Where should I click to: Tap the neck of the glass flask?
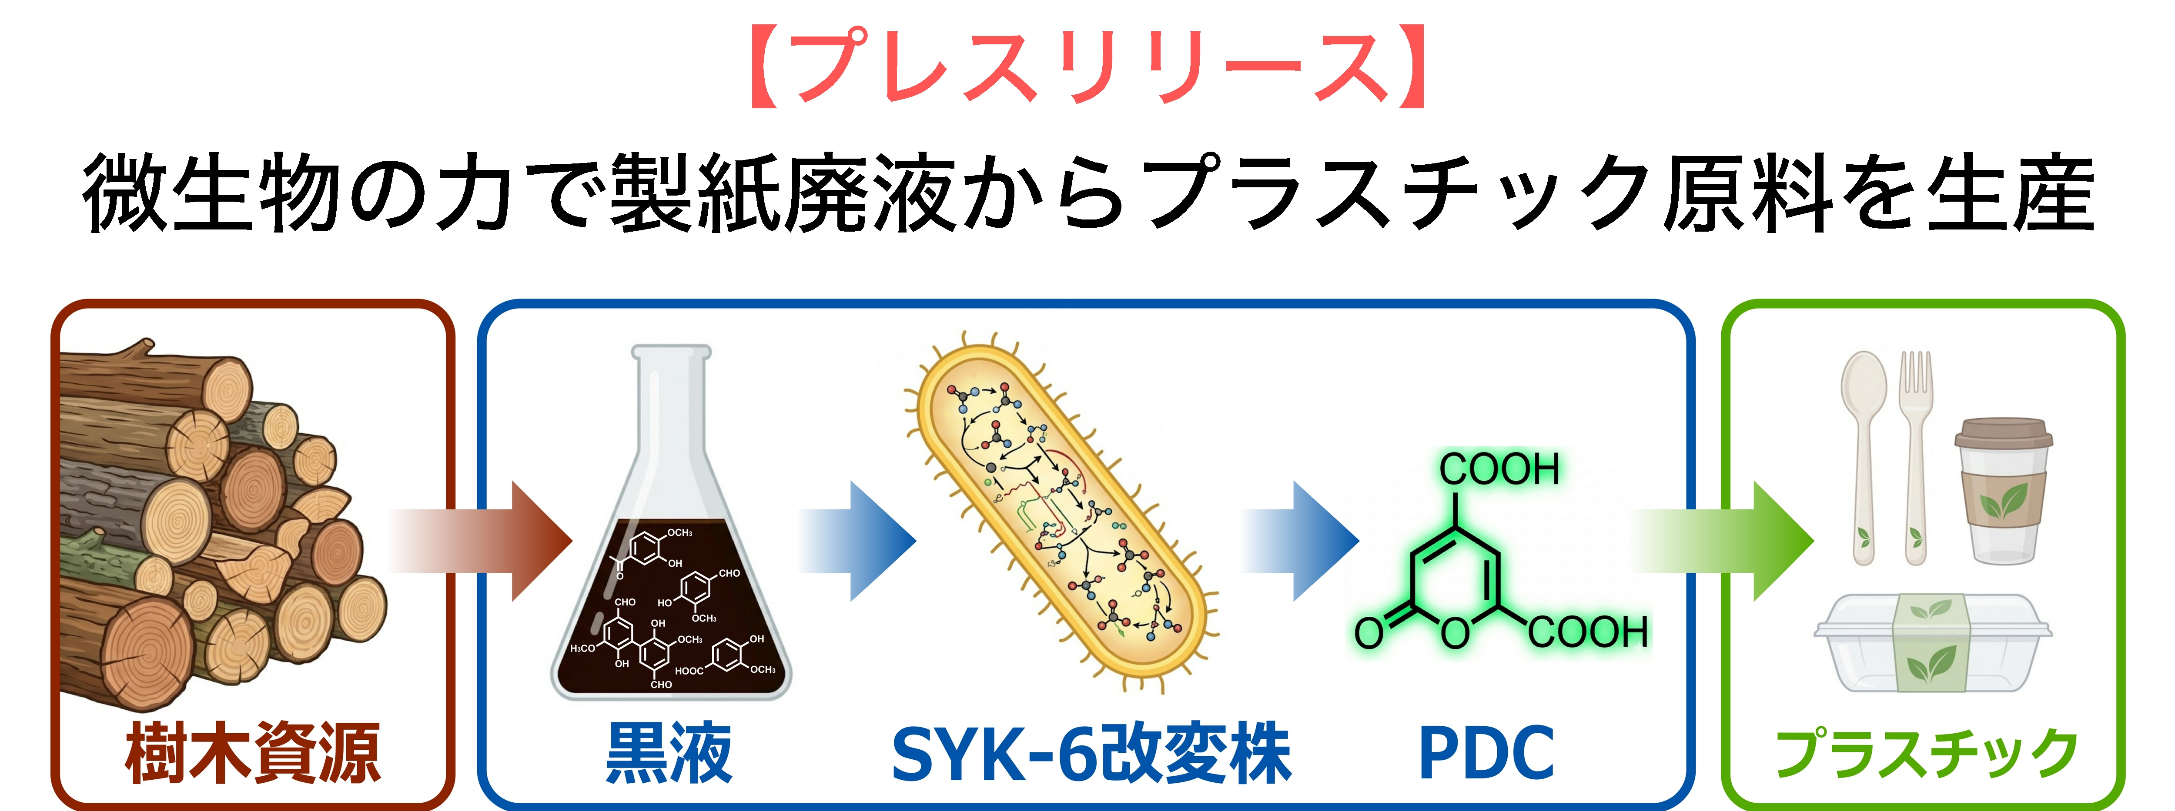click(x=671, y=405)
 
